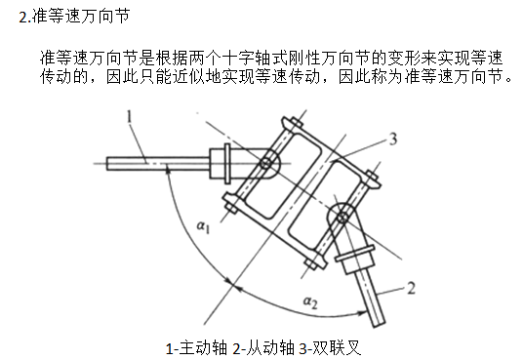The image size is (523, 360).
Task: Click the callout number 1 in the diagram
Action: click(130, 117)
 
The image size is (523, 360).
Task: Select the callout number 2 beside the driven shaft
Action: click(411, 288)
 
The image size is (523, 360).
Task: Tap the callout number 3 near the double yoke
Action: click(393, 139)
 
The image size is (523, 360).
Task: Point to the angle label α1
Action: click(203, 227)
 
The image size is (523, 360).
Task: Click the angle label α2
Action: click(310, 302)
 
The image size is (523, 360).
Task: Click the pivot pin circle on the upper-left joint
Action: click(265, 164)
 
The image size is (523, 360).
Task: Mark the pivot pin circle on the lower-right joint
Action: click(342, 218)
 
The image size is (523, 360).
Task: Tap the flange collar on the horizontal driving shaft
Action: click(227, 164)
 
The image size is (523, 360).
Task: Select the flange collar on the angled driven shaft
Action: click(354, 253)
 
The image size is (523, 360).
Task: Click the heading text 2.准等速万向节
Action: click(74, 16)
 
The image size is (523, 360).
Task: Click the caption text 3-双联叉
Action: click(330, 348)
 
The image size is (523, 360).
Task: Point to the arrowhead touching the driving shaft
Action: click(169, 172)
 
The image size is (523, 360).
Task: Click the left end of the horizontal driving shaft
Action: click(107, 164)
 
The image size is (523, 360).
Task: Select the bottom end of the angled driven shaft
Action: click(380, 324)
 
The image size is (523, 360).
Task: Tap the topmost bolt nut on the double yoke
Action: click(296, 123)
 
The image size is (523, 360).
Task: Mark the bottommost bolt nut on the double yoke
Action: click(311, 263)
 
